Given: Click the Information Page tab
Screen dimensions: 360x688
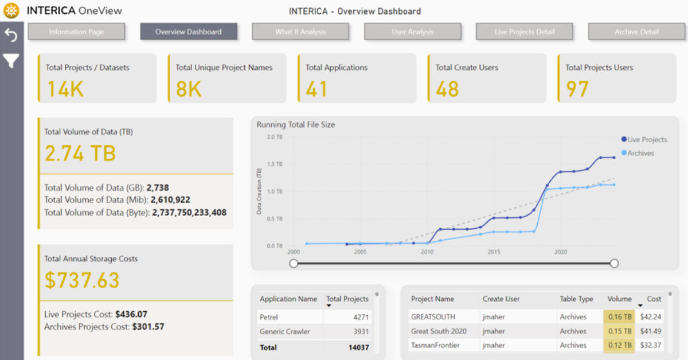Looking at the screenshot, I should pyautogui.click(x=76, y=32).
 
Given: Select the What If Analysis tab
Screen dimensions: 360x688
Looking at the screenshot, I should pyautogui.click(x=300, y=32).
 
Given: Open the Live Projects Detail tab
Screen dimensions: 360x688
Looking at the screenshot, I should pyautogui.click(x=524, y=32).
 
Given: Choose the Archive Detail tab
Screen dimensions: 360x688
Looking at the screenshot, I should pyautogui.click(x=636, y=32).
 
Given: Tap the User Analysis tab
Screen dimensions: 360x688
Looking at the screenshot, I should pyautogui.click(x=412, y=32).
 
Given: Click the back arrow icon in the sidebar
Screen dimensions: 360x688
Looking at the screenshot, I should pyautogui.click(x=11, y=36).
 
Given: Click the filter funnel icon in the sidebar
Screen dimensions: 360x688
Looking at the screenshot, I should pyautogui.click(x=11, y=61).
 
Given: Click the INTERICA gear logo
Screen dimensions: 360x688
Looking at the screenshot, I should pyautogui.click(x=11, y=11).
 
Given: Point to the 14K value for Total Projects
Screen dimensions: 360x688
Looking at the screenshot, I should pyautogui.click(x=65, y=89).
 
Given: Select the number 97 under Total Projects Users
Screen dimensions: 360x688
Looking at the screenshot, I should pyautogui.click(x=577, y=89).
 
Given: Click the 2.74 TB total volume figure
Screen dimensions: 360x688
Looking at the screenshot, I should pyautogui.click(x=80, y=154).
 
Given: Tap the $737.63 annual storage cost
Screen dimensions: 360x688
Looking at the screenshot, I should pyautogui.click(x=82, y=280).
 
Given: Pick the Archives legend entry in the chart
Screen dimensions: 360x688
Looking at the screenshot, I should pyautogui.click(x=640, y=153).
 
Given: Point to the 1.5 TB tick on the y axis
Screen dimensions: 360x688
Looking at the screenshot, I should pyautogui.click(x=275, y=164).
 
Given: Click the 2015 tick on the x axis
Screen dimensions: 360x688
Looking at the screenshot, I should pyautogui.click(x=494, y=252).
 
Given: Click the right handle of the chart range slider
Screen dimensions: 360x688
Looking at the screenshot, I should pyautogui.click(x=614, y=263).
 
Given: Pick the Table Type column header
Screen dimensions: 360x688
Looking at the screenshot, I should pyautogui.click(x=576, y=299).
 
